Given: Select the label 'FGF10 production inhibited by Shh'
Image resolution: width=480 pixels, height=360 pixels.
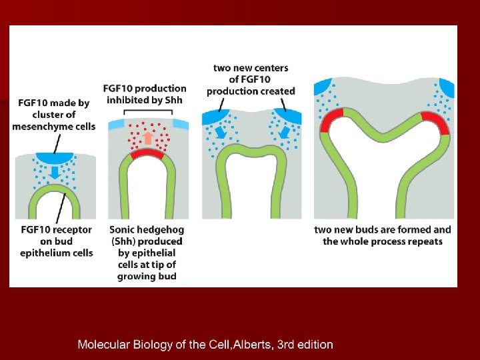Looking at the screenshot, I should [x=145, y=95].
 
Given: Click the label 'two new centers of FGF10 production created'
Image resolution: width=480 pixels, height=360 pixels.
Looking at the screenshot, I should [x=251, y=79].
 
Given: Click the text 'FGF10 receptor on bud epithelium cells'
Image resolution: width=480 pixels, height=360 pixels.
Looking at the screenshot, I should [x=57, y=241].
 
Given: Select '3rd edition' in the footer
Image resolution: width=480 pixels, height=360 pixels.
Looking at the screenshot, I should [x=305, y=345].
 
